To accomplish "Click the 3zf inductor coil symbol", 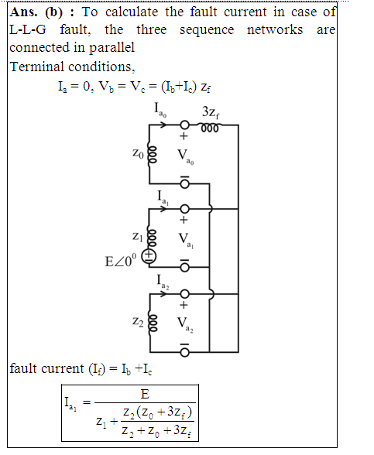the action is pos(210,128).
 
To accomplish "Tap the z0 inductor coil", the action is pos(153,155).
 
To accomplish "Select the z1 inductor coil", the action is pos(152,238).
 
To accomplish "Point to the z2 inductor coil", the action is pos(153,323).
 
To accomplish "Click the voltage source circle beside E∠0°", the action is pos(149,257).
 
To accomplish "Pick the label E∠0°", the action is pos(120,260).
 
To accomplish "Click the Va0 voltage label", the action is pos(186,157).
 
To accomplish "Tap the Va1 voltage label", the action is pos(186,241).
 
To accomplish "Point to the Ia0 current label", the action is pos(160,110).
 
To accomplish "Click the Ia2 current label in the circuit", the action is pos(163,282).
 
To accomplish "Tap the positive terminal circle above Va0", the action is pos(184,125).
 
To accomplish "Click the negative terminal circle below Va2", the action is pos(184,352).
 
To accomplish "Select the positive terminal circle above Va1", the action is pos(184,209).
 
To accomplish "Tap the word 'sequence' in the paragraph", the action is pos(207,30).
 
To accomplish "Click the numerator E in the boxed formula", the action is pos(145,394).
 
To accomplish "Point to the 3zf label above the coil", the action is pos(211,112).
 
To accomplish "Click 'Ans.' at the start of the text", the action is pos(23,12).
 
